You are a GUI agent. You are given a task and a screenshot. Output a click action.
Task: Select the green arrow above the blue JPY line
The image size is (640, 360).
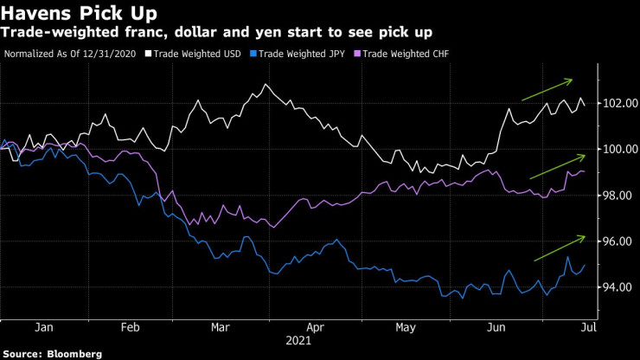[x=560, y=247]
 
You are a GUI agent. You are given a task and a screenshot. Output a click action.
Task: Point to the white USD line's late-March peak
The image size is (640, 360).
[x=265, y=84]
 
